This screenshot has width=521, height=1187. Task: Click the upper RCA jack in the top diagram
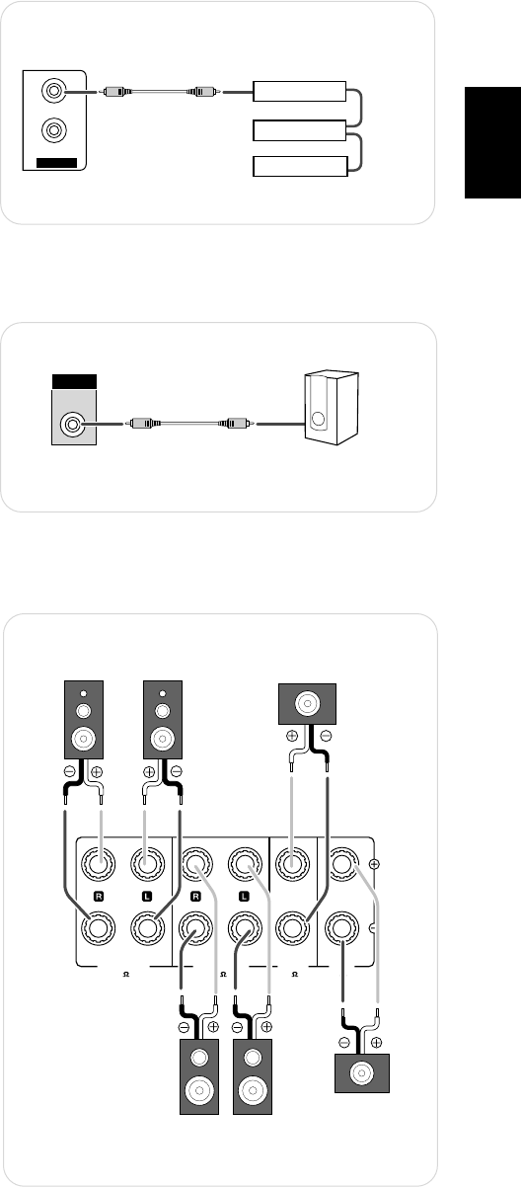[x=54, y=91]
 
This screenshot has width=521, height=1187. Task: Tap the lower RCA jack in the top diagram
[x=54, y=129]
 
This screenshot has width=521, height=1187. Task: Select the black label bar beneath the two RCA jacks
[x=56, y=163]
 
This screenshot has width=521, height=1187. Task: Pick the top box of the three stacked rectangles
[x=300, y=91]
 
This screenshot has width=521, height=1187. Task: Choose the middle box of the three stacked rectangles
[x=300, y=130]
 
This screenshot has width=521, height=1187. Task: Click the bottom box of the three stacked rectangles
[x=300, y=166]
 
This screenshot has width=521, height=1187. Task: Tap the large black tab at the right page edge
[x=493, y=142]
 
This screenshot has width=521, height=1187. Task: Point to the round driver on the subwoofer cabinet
[x=318, y=419]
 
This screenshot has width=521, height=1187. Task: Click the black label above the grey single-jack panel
[x=74, y=381]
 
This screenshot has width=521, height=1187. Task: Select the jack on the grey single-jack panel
[x=73, y=425]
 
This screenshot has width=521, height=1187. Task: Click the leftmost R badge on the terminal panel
[x=98, y=896]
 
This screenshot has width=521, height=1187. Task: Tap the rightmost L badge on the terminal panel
[x=244, y=896]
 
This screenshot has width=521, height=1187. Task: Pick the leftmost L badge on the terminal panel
[x=147, y=896]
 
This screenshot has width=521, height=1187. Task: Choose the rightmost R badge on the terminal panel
[x=195, y=896]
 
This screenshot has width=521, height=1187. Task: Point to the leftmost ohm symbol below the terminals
[x=126, y=974]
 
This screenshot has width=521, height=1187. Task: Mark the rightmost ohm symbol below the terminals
[x=295, y=974]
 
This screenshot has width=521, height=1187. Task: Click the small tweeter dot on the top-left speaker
[x=83, y=693]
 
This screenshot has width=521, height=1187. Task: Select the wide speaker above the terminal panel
[x=307, y=704]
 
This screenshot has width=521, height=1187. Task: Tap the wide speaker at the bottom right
[x=362, y=1073]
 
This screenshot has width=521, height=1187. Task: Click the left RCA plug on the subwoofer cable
[x=142, y=424]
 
